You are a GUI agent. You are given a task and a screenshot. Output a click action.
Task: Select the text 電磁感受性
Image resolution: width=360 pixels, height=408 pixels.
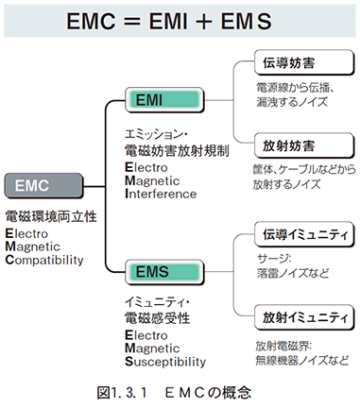coord(157,318)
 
